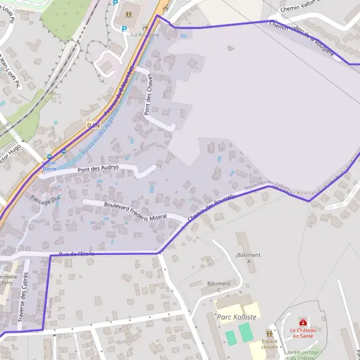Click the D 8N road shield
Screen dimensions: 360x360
(x=92, y=125)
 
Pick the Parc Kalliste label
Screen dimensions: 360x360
(x=237, y=317)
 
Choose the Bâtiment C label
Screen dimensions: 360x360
(x=218, y=286)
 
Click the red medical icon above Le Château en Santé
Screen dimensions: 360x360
(x=302, y=322)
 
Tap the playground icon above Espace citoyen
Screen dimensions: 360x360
(x=269, y=333)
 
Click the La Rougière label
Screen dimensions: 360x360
(x=145, y=35)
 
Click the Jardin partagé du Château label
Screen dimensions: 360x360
(x=302, y=355)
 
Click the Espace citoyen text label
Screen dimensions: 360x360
(x=269, y=344)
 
